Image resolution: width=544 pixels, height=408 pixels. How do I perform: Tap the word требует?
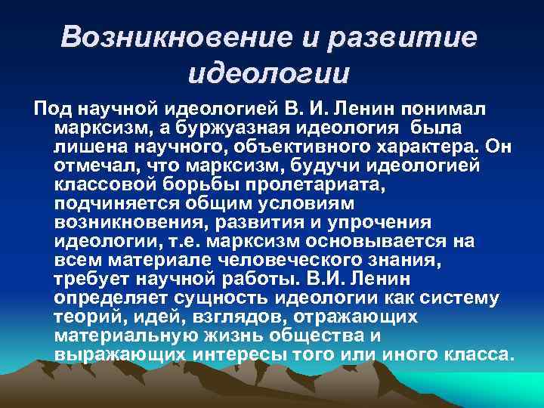89,280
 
